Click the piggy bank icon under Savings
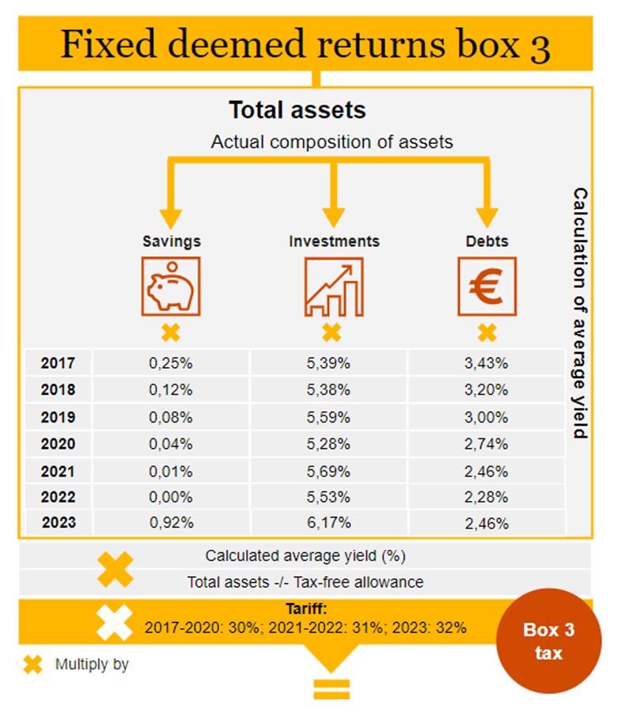(171, 286)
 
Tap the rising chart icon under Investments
(333, 286)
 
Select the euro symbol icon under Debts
(487, 286)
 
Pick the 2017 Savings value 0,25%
(171, 364)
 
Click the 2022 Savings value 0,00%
(171, 497)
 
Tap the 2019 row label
(58, 417)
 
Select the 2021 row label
(58, 471)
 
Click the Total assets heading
(297, 110)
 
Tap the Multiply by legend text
(92, 665)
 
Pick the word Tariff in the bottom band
(305, 610)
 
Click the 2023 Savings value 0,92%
(171, 523)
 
